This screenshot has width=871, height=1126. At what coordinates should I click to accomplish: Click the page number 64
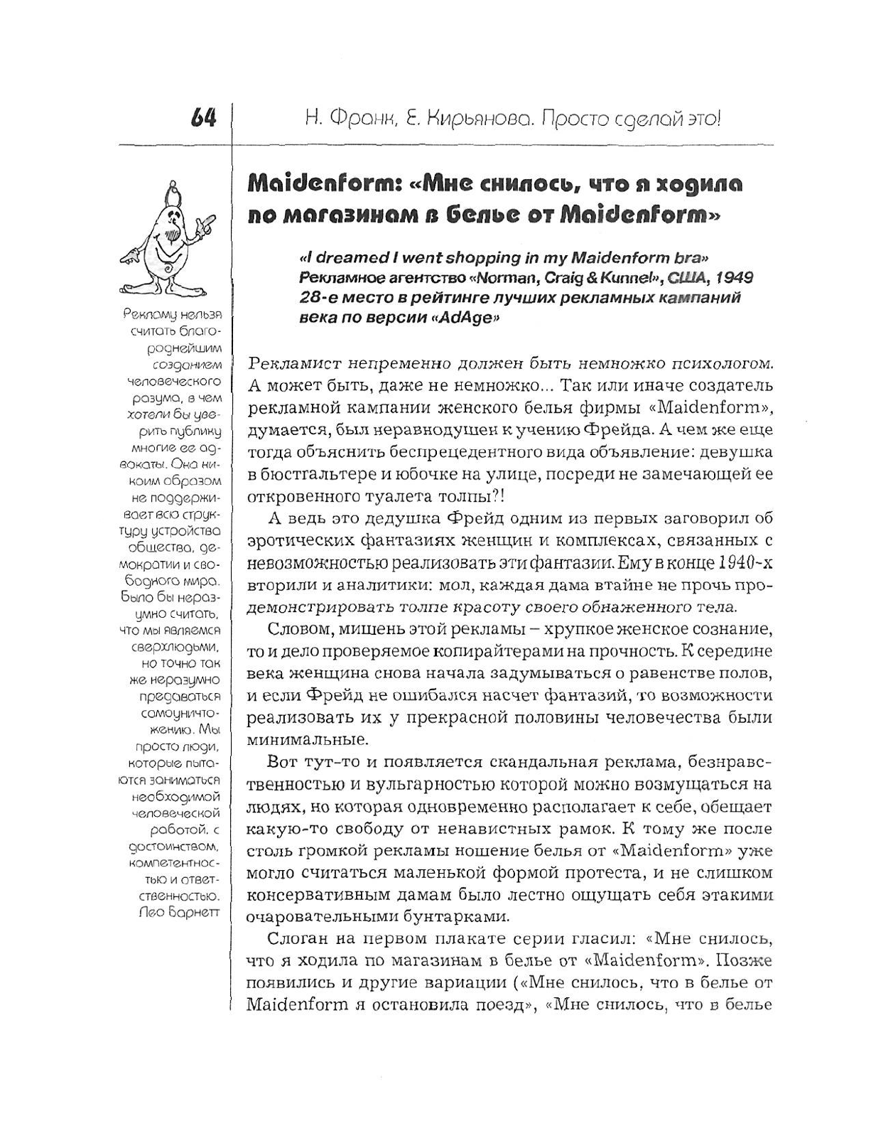203,118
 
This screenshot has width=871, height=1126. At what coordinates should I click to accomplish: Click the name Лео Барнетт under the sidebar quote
179,912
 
